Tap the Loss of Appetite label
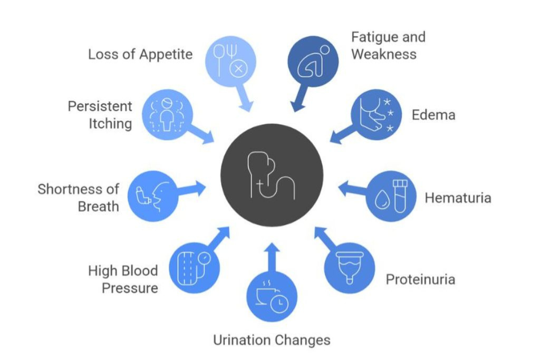tap(140, 54)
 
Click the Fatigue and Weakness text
tap(388, 46)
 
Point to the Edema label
tap(433, 115)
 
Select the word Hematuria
tap(458, 198)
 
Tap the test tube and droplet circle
tap(391, 196)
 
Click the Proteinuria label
tap(420, 279)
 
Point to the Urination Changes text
tap(272, 340)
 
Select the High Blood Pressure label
tap(123, 279)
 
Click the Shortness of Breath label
tap(79, 197)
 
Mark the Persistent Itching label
tap(100, 115)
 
